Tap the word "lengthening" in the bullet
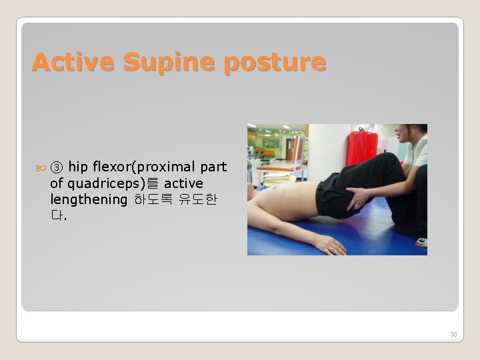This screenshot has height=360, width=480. click(x=88, y=199)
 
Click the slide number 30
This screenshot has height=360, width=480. click(x=453, y=334)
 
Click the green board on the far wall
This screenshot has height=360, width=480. click(x=271, y=143)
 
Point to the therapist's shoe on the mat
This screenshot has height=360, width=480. click(x=421, y=241)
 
